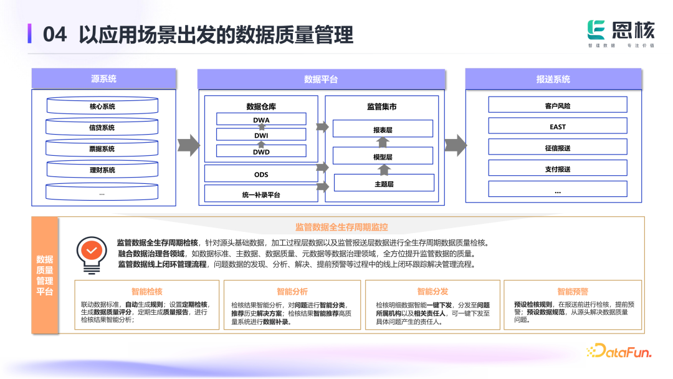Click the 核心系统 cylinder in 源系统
coord(102,107)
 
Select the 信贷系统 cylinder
coord(102,128)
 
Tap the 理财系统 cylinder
coord(102,170)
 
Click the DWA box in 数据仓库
coord(261,120)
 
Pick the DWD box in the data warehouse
coord(261,151)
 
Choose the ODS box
coord(261,174)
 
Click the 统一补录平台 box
coord(261,194)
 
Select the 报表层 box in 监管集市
coord(383,130)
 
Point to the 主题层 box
coord(384,183)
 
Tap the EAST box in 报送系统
coord(558,127)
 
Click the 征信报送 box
coord(558,148)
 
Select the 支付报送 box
coord(558,169)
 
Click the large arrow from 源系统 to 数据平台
coord(188,145)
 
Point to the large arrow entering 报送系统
coord(456,145)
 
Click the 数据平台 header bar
coord(321,79)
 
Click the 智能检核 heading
coord(147,291)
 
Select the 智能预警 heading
coord(573,291)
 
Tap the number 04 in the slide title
coord(55,35)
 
